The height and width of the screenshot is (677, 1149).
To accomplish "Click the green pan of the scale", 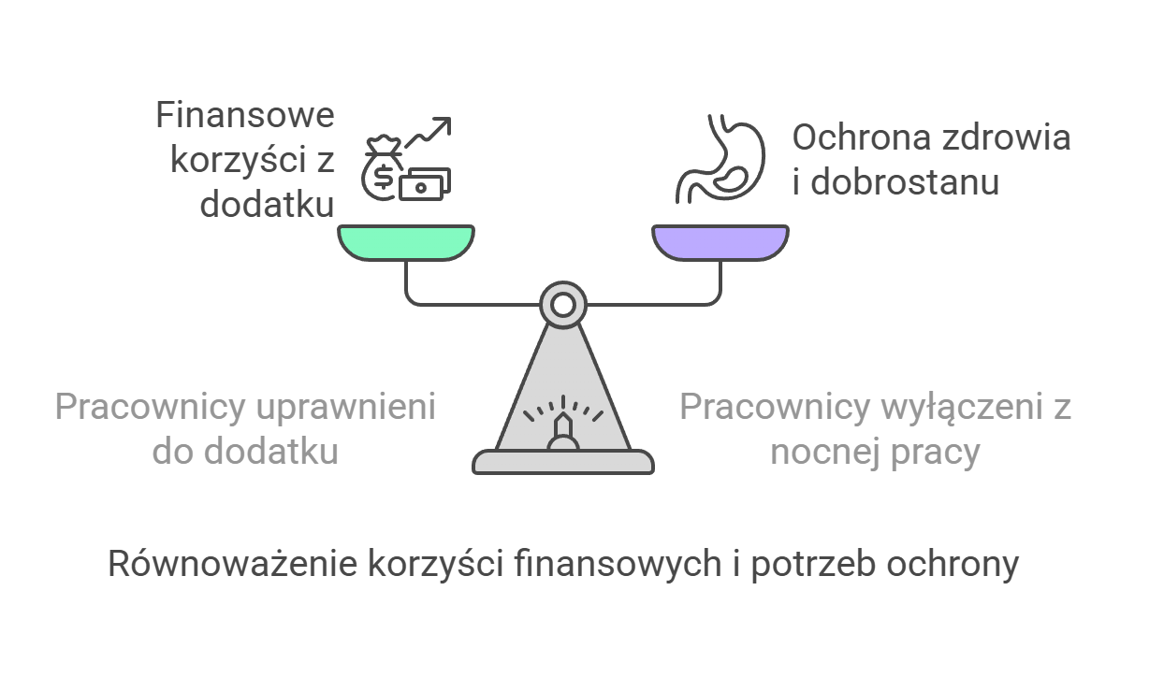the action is tap(404, 242).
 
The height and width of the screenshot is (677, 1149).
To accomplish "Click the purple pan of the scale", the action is tap(719, 242).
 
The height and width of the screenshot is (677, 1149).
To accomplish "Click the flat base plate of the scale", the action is tap(562, 461).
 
